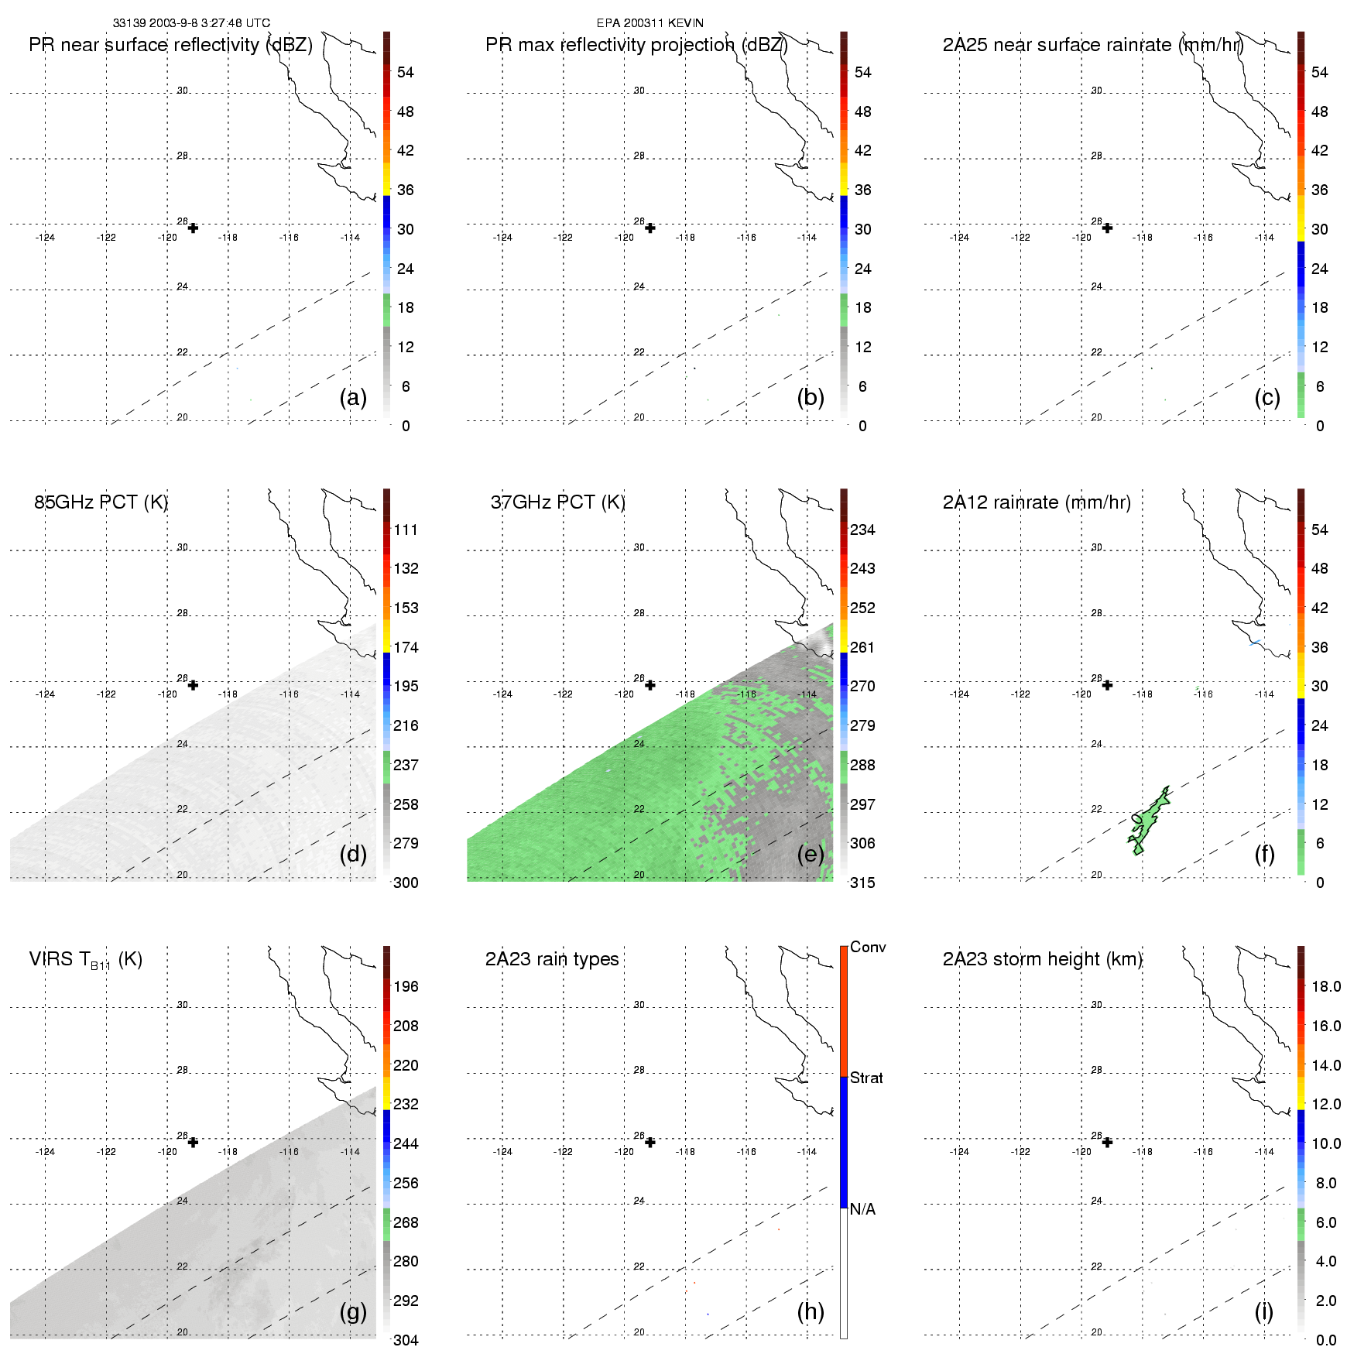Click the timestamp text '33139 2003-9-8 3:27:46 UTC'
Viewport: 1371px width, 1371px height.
coord(191,23)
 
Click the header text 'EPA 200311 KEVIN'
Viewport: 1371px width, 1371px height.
coord(650,23)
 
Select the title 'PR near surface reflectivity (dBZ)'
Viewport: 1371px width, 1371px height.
coord(170,45)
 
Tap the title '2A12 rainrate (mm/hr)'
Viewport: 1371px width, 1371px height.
coord(1037,502)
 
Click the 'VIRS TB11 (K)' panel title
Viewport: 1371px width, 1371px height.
coord(86,960)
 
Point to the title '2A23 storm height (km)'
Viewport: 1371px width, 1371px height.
coord(1042,959)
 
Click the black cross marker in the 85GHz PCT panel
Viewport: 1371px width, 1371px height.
coord(193,685)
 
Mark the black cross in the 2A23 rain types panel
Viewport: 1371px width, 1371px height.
coord(650,1143)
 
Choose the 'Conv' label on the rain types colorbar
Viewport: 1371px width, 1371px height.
coord(867,947)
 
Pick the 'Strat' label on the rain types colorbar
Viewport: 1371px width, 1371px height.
coord(866,1078)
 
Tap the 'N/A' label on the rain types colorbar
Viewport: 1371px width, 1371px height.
coord(862,1209)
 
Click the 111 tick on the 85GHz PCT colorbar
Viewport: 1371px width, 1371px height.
coord(406,530)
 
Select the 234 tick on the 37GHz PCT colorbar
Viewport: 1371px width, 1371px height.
coord(862,530)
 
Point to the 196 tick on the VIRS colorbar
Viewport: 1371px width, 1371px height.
coord(406,986)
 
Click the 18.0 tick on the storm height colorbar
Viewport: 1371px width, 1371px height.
coord(1326,986)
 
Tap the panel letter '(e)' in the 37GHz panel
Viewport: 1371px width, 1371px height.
coord(811,854)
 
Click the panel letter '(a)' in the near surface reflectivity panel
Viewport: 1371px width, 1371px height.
coord(353,397)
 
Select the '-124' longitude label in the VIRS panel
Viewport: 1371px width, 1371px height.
coord(45,1152)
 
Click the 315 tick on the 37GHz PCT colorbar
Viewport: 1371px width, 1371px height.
coord(862,883)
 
